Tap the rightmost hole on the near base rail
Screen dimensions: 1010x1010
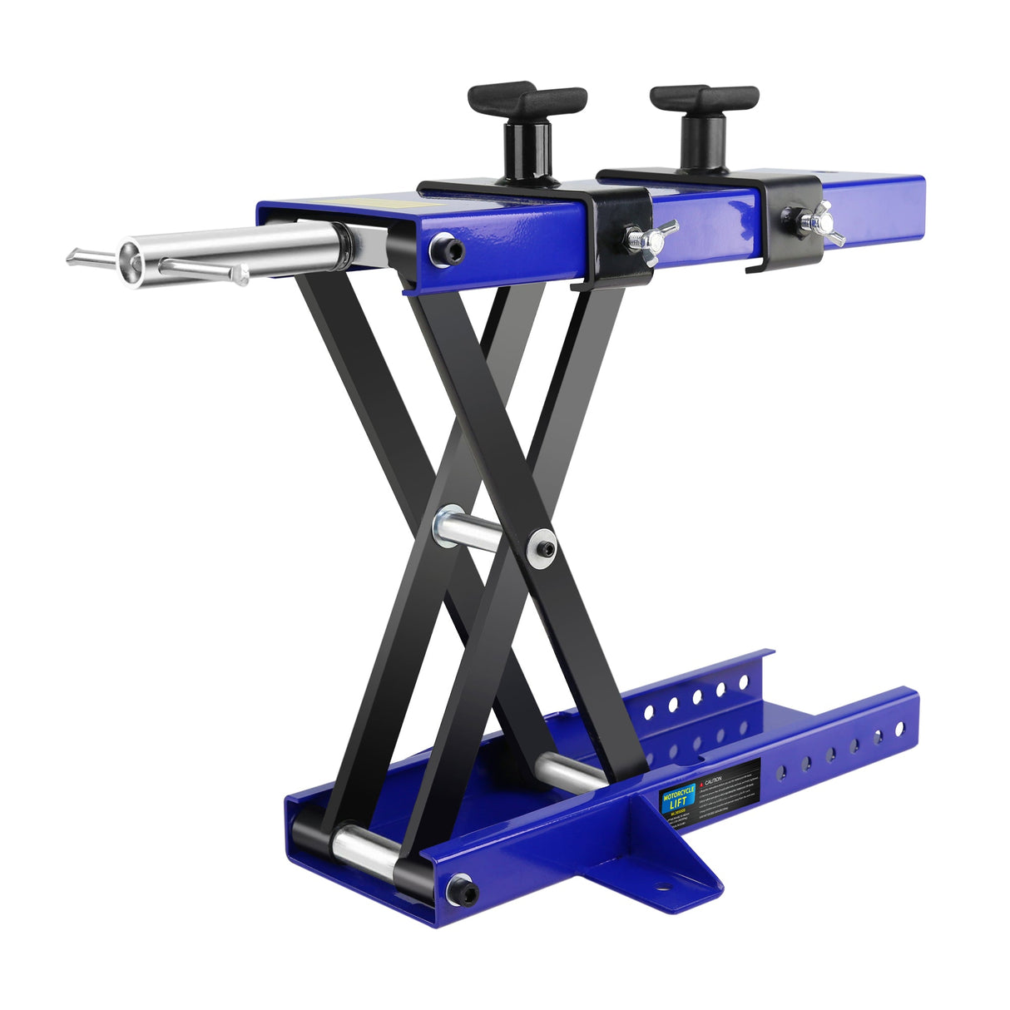[899, 730]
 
